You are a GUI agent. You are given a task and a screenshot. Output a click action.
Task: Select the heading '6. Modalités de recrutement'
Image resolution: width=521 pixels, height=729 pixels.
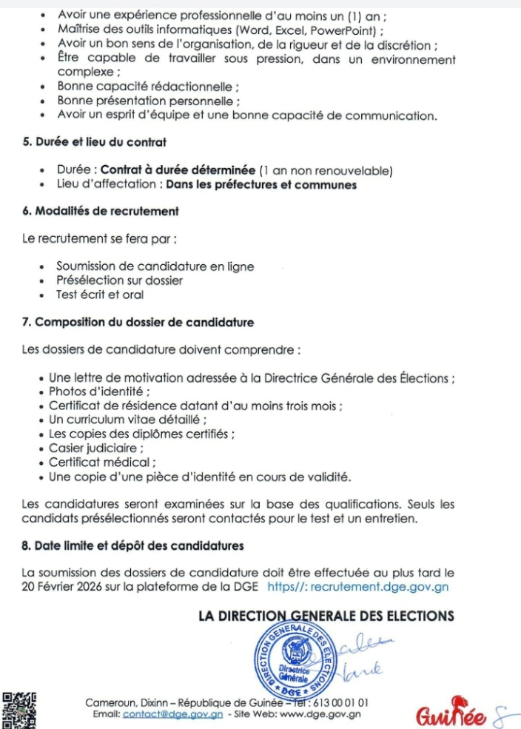click(101, 211)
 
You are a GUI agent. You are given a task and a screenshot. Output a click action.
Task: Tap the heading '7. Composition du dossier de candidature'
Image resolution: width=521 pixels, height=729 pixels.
click(138, 322)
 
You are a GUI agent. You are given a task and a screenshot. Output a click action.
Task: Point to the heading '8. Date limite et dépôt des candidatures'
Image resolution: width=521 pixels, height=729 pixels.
click(133, 546)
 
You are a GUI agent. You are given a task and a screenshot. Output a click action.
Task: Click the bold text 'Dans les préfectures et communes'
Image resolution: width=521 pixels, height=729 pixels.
click(261, 184)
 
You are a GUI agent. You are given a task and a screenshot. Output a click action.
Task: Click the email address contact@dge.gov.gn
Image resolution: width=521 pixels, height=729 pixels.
click(172, 713)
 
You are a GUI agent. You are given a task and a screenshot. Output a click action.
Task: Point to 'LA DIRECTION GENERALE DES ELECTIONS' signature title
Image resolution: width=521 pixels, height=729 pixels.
click(326, 616)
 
